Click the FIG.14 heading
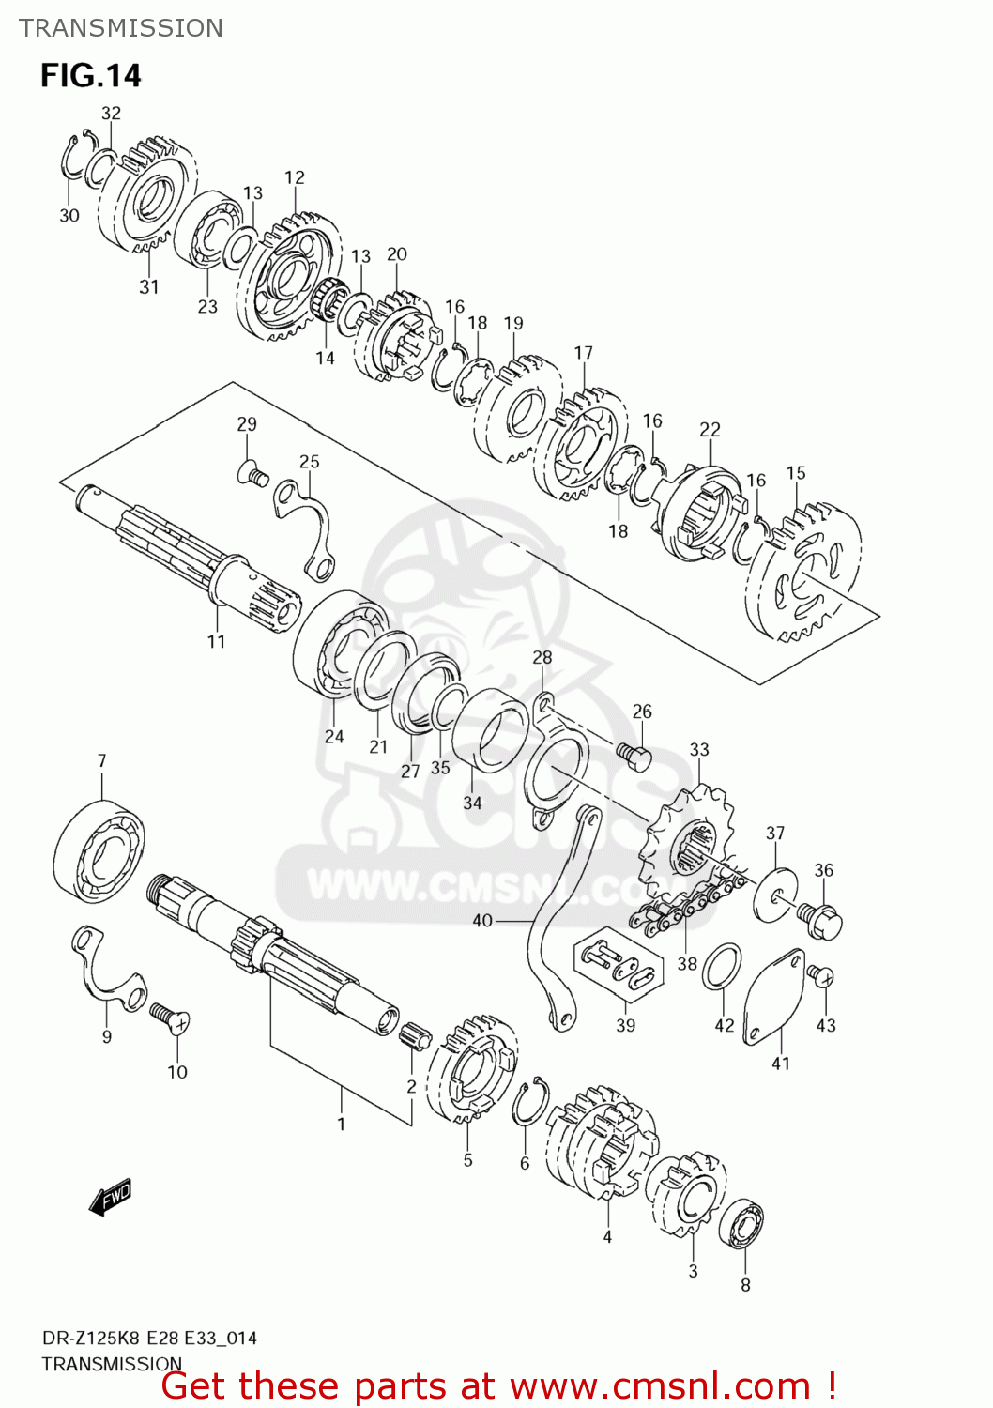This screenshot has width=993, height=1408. point(91,75)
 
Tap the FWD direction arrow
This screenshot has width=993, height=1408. point(111,1197)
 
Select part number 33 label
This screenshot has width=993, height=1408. point(699,749)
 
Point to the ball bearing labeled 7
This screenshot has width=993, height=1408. point(99,850)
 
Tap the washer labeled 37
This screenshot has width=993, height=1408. point(775,895)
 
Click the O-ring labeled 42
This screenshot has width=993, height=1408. point(722,967)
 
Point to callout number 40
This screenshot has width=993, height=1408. point(481,921)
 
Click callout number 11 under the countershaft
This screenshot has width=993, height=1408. point(216,641)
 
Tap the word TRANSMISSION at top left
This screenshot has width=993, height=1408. point(121,28)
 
